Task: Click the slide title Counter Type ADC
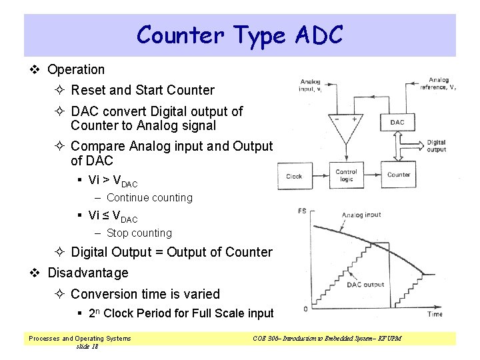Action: click(239, 35)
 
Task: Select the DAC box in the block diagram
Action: click(397, 122)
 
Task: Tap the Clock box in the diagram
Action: click(294, 177)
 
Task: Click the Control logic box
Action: click(346, 176)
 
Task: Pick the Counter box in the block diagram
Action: click(399, 175)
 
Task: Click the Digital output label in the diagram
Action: click(436, 146)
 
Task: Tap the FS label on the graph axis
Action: click(302, 211)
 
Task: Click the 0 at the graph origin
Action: click(305, 309)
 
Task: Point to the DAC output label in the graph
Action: click(365, 285)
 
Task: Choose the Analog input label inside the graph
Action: click(361, 215)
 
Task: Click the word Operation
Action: click(76, 69)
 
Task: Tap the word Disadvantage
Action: click(88, 273)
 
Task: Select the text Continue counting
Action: click(149, 197)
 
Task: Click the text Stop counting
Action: click(139, 233)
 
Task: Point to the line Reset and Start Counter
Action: click(143, 90)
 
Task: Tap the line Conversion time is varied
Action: click(145, 293)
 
